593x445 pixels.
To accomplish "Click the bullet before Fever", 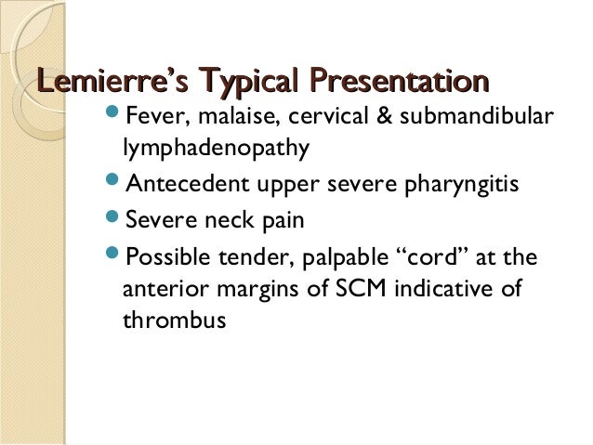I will tap(113, 117).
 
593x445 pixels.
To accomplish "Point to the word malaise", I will tap(222, 118).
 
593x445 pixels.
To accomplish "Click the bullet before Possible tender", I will tap(113, 255).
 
